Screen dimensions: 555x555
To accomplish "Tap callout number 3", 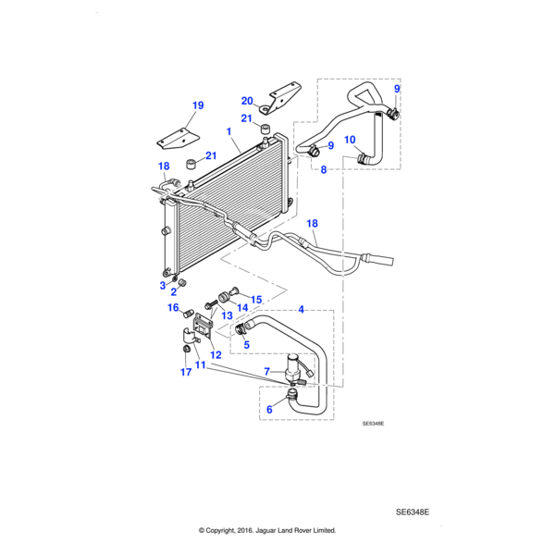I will [162, 285].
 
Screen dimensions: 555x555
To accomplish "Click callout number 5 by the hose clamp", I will [245, 344].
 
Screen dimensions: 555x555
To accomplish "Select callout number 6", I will [269, 409].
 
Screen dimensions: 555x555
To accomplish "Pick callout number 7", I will [267, 371].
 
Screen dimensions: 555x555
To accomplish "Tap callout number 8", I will [323, 169].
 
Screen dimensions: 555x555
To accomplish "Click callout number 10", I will [349, 140].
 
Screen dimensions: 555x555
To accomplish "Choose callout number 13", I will [225, 315].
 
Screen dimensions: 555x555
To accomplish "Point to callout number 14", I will [242, 308].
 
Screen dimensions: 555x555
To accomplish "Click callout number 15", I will [256, 300].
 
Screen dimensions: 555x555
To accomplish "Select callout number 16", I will [172, 308].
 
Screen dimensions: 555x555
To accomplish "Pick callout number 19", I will [196, 105].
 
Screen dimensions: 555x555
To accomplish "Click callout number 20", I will [247, 101].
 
